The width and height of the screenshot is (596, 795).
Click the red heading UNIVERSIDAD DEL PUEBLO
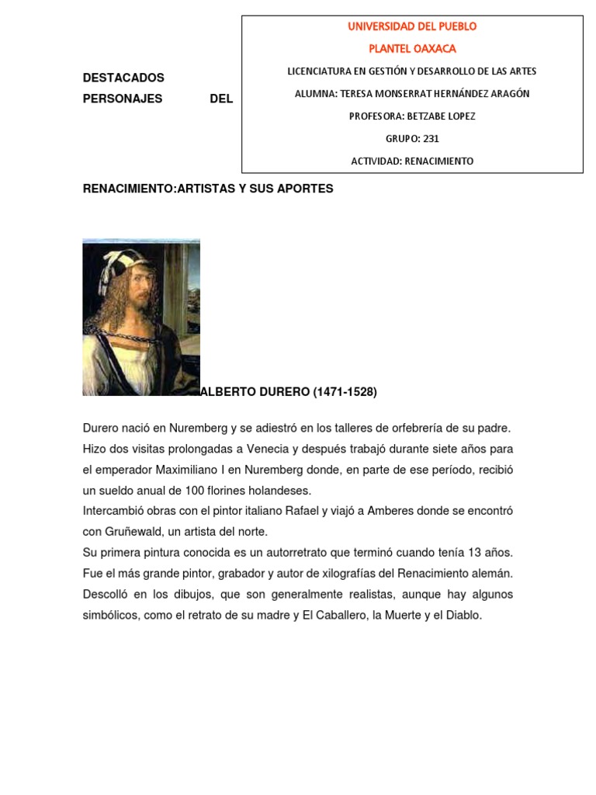(x=412, y=26)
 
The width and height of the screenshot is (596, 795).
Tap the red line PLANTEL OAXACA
(x=412, y=49)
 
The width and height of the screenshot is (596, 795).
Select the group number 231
(x=430, y=139)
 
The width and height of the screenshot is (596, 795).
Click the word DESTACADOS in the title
(x=123, y=78)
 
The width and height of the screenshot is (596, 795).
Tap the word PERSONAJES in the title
(x=123, y=99)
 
